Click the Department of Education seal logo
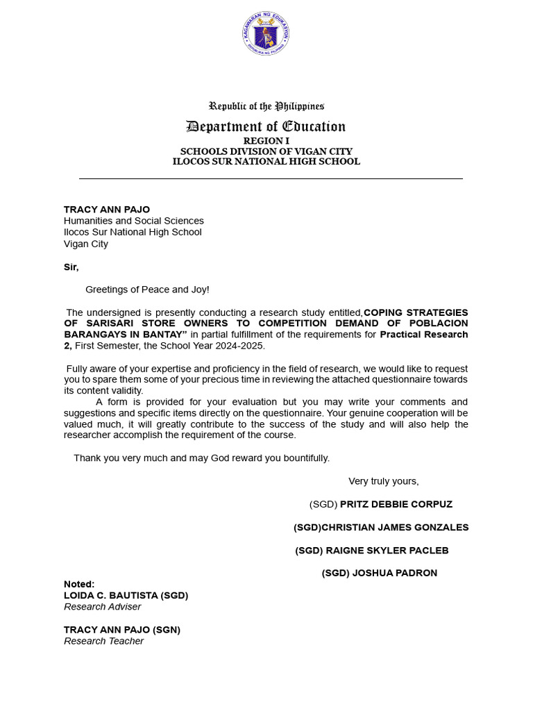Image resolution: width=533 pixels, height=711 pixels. point(266,34)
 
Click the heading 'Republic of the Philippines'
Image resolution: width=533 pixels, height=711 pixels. point(266,106)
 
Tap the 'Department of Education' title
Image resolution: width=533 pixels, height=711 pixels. point(266,126)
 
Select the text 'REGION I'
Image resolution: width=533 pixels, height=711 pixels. point(266,141)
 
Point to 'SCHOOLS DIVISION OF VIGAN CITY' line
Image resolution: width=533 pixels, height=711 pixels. point(266,151)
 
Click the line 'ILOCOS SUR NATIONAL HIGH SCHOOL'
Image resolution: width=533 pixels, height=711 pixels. point(266,162)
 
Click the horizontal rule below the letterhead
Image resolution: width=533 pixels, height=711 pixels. point(271,179)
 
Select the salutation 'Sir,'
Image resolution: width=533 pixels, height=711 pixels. point(71,267)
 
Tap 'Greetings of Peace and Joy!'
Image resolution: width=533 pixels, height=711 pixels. point(147,290)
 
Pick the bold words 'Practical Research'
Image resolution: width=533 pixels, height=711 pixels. point(423,335)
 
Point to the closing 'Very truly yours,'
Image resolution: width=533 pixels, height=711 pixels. point(384,481)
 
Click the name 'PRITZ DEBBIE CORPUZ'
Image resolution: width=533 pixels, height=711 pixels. point(396,504)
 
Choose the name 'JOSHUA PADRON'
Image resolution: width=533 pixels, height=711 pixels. point(395,574)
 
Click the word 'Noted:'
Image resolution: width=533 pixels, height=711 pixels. point(79,584)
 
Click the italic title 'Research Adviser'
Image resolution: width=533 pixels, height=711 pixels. point(103,607)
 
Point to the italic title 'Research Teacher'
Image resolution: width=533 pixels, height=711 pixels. point(104,642)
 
